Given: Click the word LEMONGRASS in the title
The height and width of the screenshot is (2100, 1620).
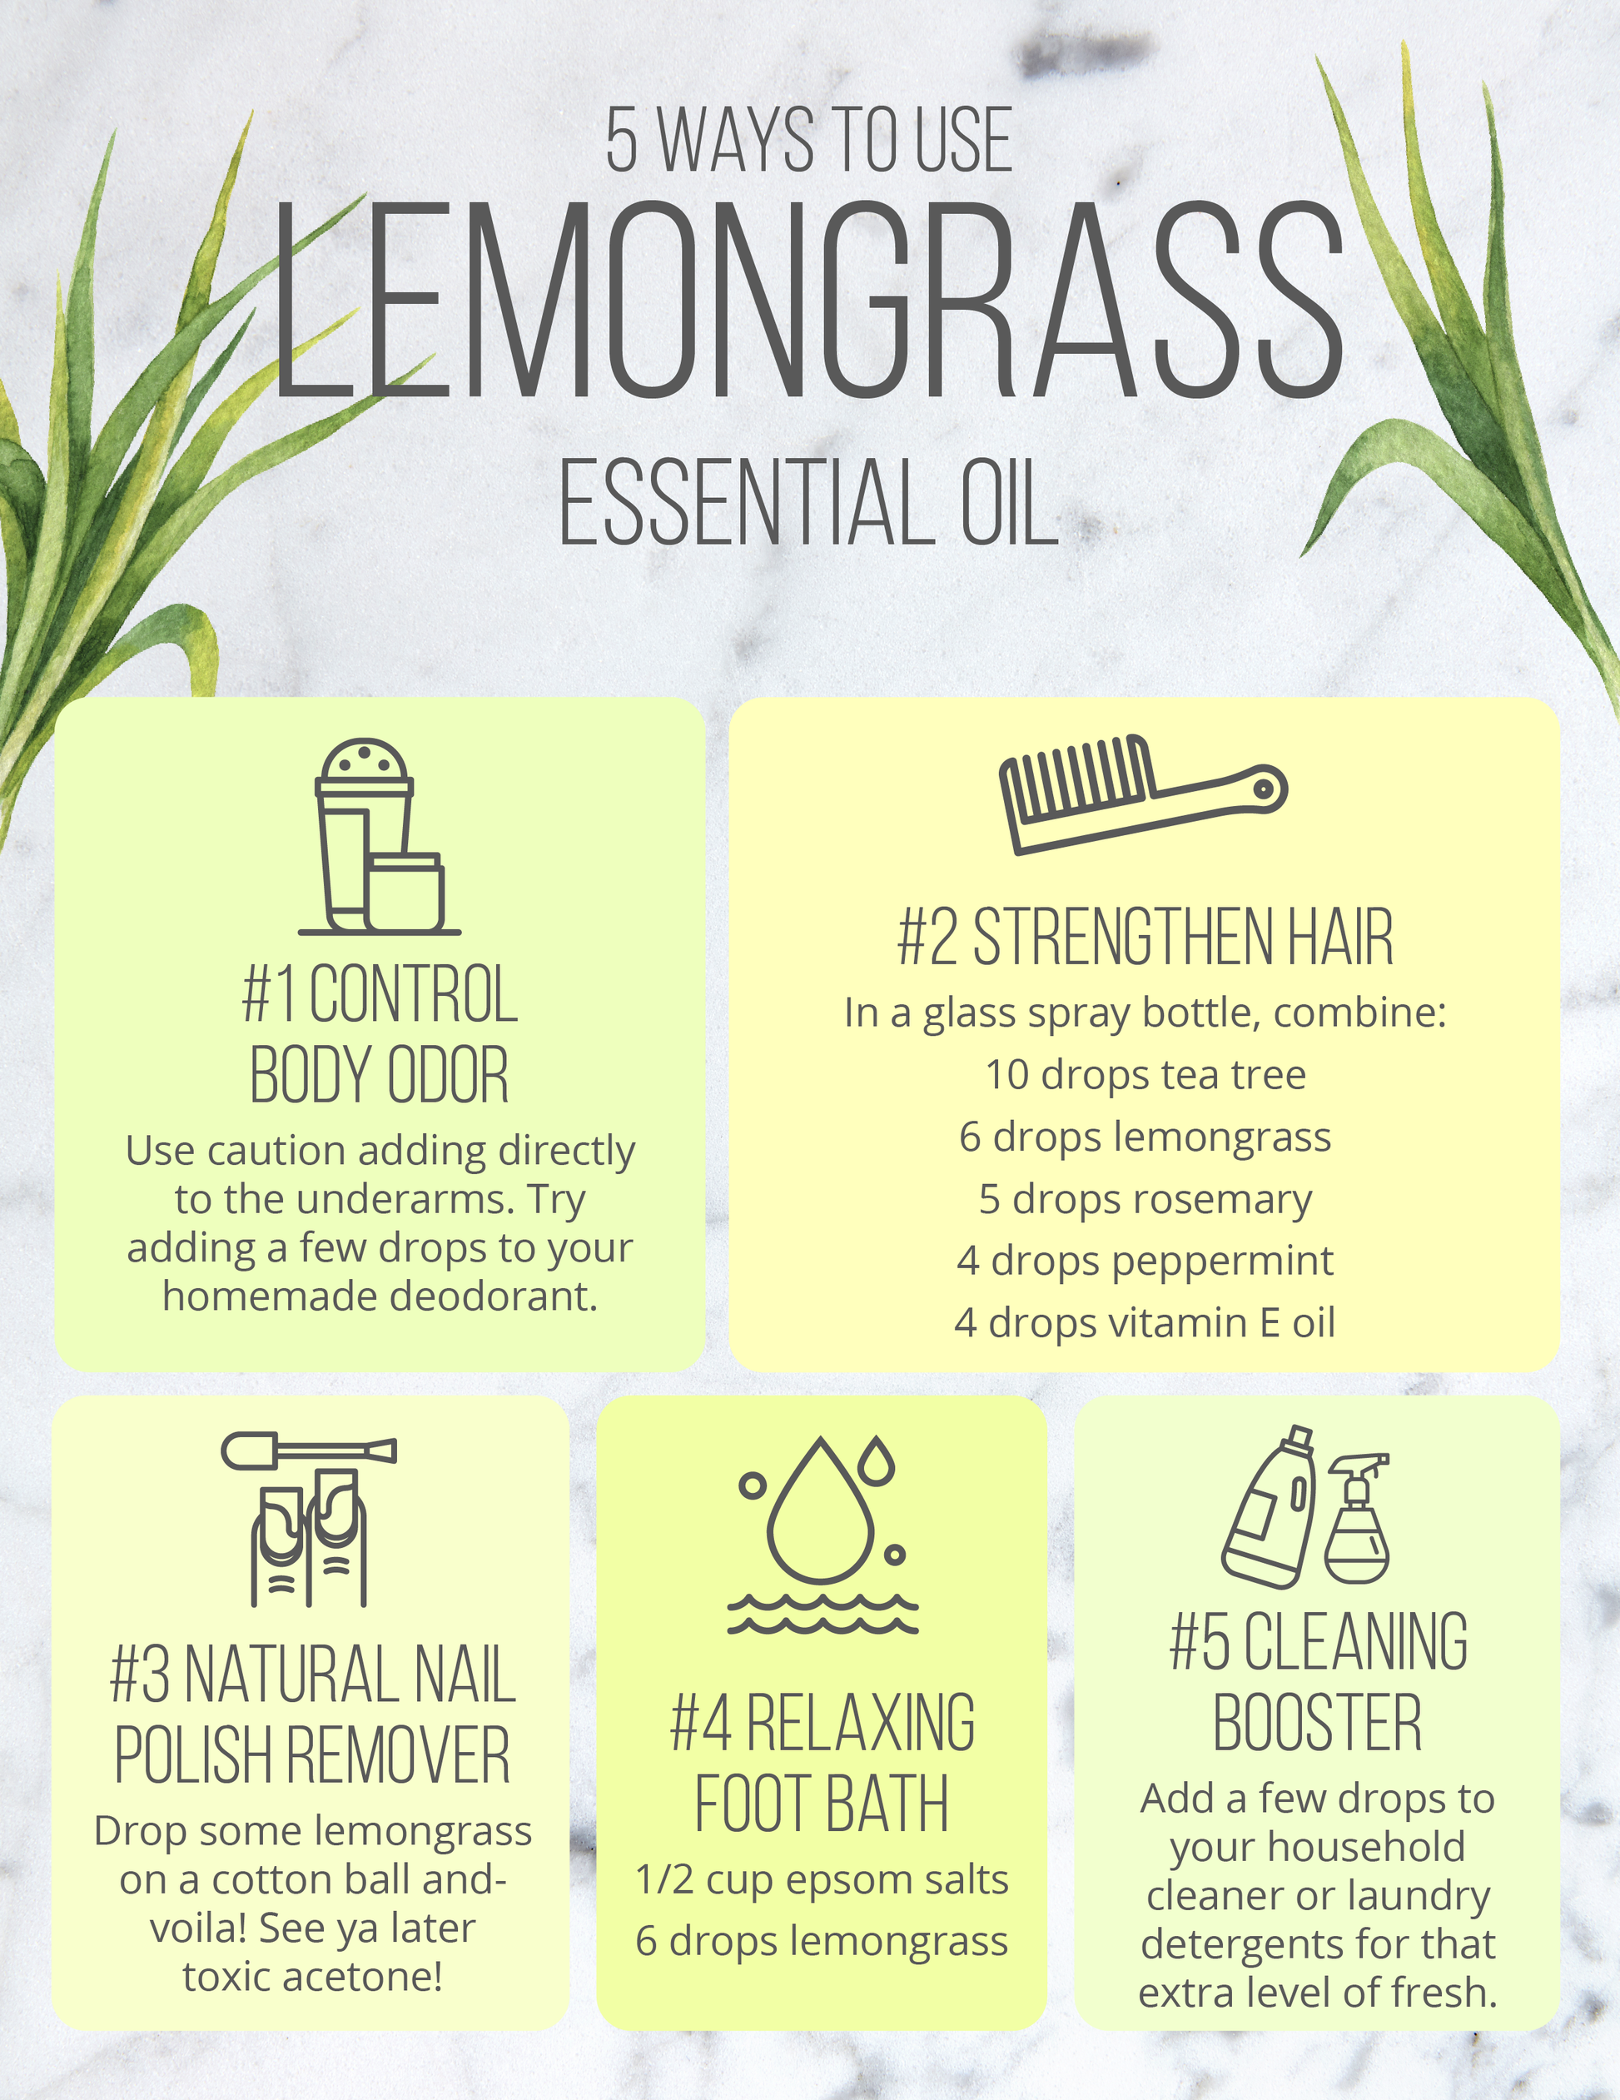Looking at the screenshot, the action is click(808, 300).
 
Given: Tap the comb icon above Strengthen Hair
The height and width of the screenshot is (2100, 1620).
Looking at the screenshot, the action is click(1143, 795).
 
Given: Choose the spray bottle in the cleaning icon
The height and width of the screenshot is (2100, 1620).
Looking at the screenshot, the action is click(1357, 1520).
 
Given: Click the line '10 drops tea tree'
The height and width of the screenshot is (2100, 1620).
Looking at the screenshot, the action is click(1145, 1075).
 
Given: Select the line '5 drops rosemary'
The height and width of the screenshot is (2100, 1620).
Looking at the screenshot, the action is click(1145, 1199).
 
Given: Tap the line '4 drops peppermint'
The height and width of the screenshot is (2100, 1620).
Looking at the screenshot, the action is click(1145, 1261).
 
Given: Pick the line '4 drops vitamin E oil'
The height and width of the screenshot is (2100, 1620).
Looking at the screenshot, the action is click(1145, 1322).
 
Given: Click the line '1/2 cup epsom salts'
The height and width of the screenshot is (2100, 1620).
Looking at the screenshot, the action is click(822, 1880).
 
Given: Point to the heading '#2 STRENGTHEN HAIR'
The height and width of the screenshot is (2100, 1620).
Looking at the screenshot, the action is click(1145, 937).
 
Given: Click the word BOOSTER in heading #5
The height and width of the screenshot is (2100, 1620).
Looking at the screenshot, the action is click(1317, 1723).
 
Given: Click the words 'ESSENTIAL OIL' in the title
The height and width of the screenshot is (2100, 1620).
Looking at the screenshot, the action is click(809, 502).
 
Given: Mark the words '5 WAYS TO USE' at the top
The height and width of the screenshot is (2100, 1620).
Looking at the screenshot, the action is click(809, 141).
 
